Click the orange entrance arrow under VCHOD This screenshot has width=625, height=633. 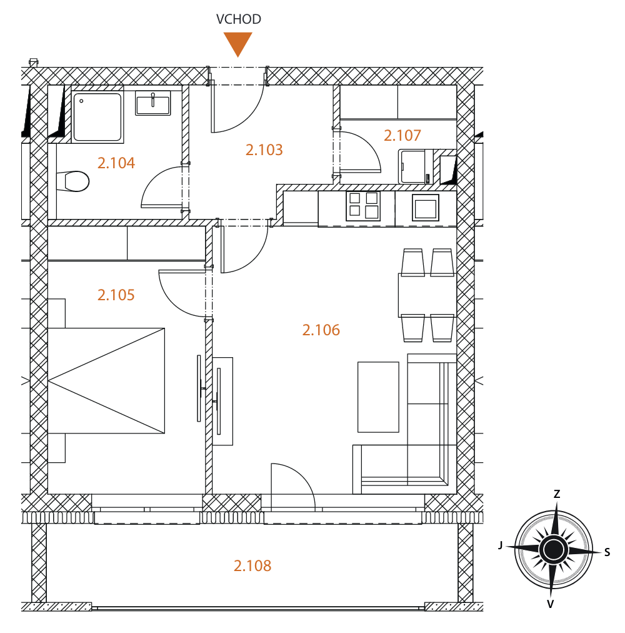(x=238, y=44)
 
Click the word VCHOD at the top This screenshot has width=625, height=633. (x=239, y=19)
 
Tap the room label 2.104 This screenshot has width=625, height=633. (x=116, y=163)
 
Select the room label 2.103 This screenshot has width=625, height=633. (x=264, y=149)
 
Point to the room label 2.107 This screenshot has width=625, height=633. (x=402, y=135)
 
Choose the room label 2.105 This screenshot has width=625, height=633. (x=116, y=295)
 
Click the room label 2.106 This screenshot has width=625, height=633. (x=321, y=330)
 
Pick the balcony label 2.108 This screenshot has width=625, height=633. (x=252, y=565)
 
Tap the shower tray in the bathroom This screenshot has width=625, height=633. (x=97, y=117)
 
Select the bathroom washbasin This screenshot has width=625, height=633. (x=153, y=103)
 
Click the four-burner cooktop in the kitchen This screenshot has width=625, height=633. (x=363, y=206)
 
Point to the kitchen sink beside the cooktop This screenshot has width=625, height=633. (x=425, y=208)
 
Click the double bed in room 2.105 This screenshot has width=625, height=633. (x=106, y=381)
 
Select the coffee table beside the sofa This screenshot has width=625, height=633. (x=378, y=397)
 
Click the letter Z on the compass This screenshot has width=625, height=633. (x=557, y=494)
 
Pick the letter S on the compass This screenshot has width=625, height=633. (x=607, y=553)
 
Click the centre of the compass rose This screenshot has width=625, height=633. (x=554, y=549)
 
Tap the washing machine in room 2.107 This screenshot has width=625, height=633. (x=416, y=166)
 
